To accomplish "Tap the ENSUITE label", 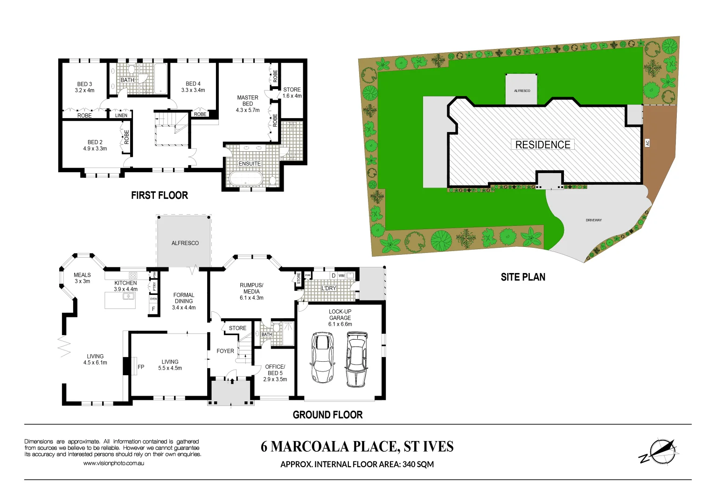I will [250, 164].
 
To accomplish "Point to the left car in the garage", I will [322, 357].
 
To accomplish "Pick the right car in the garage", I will [356, 359].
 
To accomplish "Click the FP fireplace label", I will [141, 367].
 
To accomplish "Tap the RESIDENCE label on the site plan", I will [542, 145].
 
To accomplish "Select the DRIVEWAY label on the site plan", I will [593, 220].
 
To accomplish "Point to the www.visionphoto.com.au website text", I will [113, 463].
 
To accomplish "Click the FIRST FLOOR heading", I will [160, 196].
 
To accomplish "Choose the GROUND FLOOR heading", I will [327, 415].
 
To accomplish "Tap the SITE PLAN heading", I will [523, 277].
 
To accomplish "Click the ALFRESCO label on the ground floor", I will [185, 243].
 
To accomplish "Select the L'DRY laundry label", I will [328, 288].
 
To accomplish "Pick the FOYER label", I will [225, 351].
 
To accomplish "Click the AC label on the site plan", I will [647, 143].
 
